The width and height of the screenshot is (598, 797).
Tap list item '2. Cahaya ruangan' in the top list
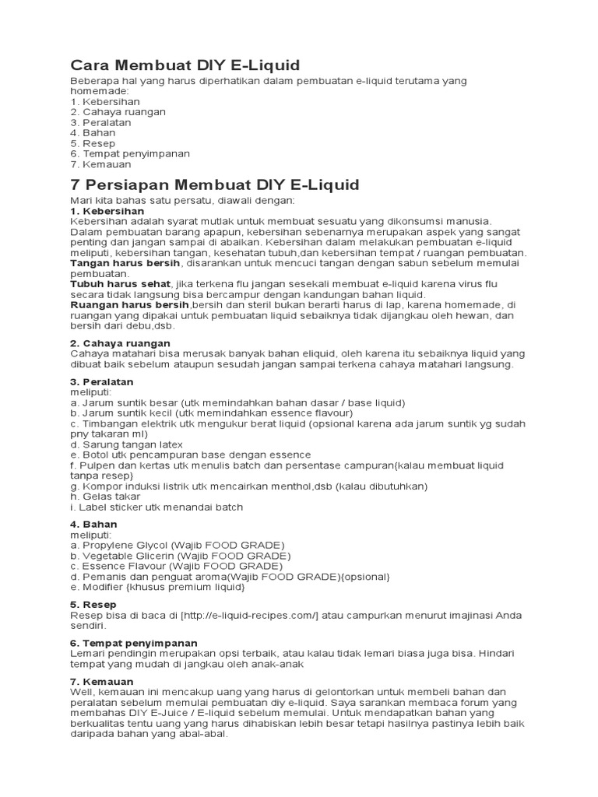[118, 112]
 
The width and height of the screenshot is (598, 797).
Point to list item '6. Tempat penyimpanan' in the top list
[130, 154]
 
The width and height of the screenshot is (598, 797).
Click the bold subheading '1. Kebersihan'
[107, 211]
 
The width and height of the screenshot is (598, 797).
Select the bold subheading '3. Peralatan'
[102, 382]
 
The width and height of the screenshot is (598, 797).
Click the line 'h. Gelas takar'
[105, 497]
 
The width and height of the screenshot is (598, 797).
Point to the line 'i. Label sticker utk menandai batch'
[157, 507]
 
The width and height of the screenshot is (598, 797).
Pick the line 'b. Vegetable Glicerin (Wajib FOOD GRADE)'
[180, 556]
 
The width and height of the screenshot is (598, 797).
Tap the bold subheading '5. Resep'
[93, 604]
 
